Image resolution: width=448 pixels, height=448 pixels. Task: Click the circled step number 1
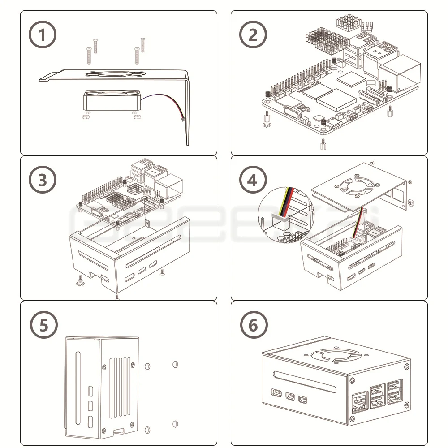point(42,35)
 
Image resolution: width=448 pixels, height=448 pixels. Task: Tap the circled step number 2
point(253,35)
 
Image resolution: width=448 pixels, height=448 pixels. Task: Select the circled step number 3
point(42,181)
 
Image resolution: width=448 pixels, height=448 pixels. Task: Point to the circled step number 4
point(253,181)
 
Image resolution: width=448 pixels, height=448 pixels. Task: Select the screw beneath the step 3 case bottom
point(117,297)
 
